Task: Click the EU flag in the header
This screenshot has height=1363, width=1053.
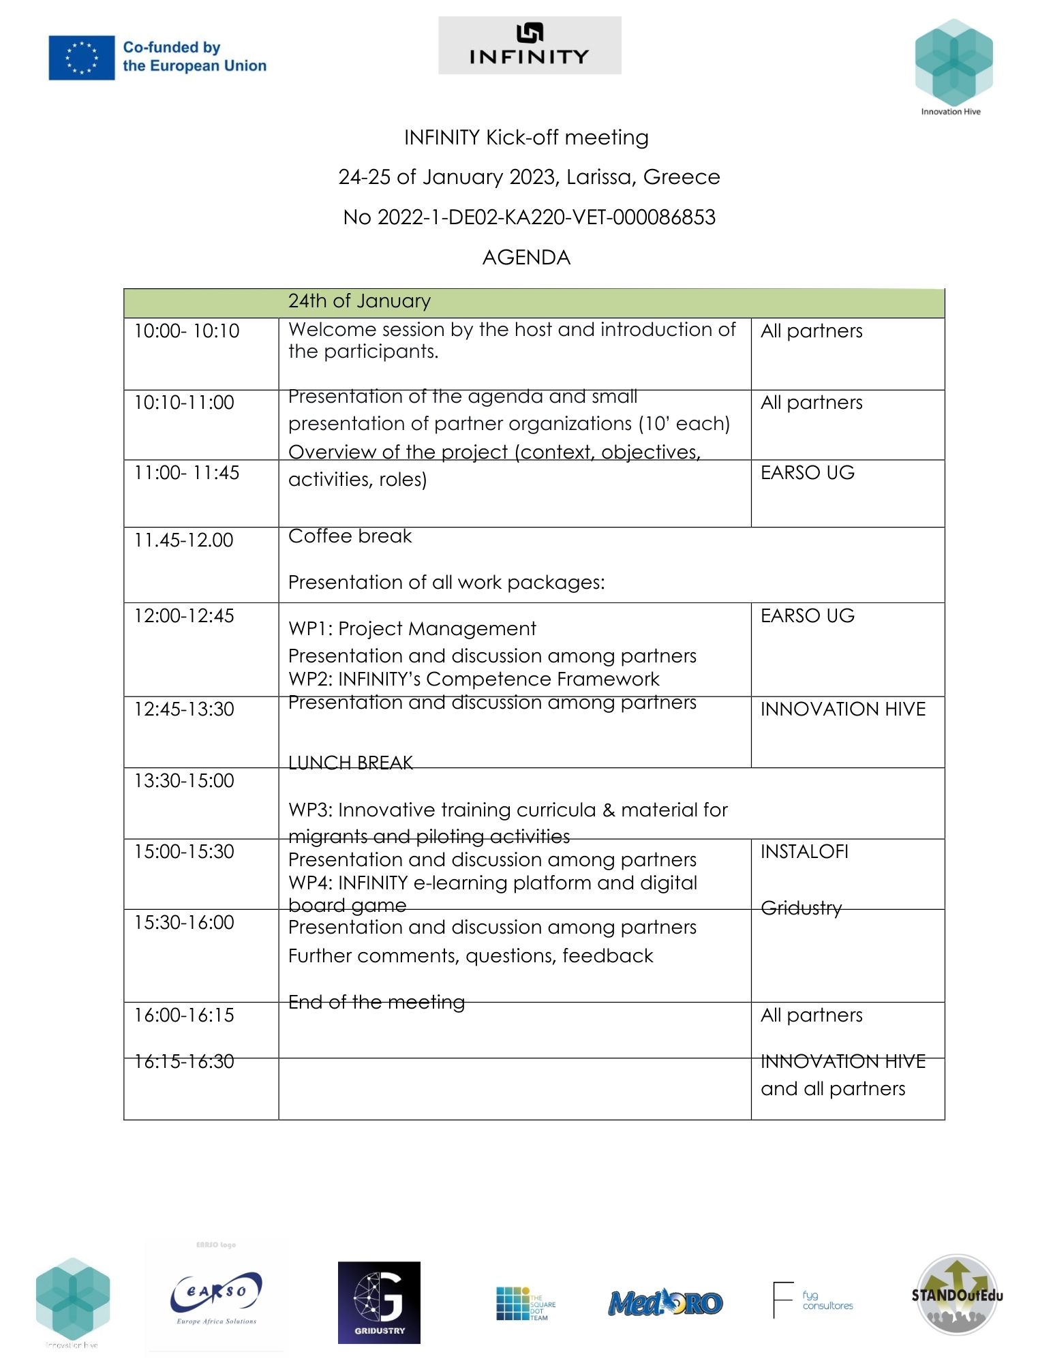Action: coord(81,57)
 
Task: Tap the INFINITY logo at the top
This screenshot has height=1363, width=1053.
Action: coord(529,45)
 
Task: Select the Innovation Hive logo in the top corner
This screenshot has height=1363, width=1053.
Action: coord(953,65)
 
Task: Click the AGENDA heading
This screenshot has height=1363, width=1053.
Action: coord(526,258)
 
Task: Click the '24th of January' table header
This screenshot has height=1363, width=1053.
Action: coord(359,301)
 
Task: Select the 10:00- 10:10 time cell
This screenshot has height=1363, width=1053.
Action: coord(187,331)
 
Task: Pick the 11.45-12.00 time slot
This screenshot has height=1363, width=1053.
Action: coord(183,540)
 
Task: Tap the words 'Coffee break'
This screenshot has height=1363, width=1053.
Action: coord(350,536)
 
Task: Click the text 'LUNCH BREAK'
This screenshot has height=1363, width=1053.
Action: coord(350,762)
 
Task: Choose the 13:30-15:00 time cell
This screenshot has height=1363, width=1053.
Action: coord(184,781)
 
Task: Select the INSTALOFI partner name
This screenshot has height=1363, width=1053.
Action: coord(804,852)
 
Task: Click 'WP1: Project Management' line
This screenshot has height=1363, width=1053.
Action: coord(412,628)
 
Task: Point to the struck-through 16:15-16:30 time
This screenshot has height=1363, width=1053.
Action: coord(184,1061)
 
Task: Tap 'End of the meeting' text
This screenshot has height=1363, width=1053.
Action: coord(376,1002)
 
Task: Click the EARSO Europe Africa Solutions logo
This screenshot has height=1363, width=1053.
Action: coord(216,1298)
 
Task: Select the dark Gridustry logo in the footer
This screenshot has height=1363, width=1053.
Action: coord(379,1302)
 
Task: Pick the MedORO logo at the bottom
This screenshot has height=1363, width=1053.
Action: coord(665,1303)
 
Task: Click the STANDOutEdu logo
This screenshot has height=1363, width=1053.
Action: coord(956,1294)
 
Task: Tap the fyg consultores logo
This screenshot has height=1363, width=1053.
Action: coord(813,1300)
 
